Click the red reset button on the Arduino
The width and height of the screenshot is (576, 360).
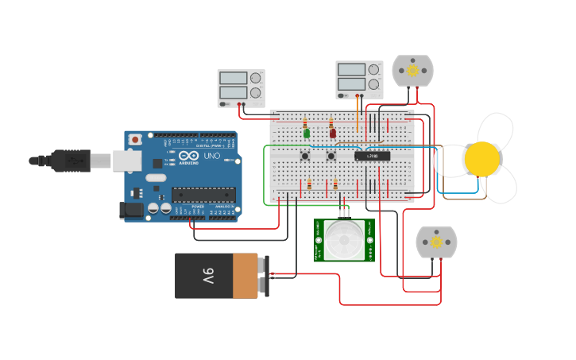(x=135, y=139)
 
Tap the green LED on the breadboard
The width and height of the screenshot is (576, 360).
(x=307, y=134)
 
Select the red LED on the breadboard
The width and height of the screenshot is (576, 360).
(x=333, y=133)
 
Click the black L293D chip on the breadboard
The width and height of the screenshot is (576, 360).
(x=372, y=156)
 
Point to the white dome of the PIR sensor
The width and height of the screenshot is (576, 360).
(x=344, y=238)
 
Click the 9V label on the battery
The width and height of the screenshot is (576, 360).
(x=207, y=276)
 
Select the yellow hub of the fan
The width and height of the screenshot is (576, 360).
(x=482, y=159)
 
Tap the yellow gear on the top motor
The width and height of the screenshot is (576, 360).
(x=413, y=71)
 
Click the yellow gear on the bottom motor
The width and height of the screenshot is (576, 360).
(x=436, y=242)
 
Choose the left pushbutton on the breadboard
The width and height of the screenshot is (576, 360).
(x=305, y=156)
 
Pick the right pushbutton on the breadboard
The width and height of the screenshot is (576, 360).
(x=332, y=156)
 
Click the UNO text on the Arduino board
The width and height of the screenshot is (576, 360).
(x=212, y=157)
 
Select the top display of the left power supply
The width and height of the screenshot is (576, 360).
(x=233, y=79)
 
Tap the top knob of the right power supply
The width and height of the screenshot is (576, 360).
(x=373, y=69)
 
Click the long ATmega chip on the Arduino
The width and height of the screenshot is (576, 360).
(x=203, y=194)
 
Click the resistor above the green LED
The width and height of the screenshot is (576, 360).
(x=305, y=123)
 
